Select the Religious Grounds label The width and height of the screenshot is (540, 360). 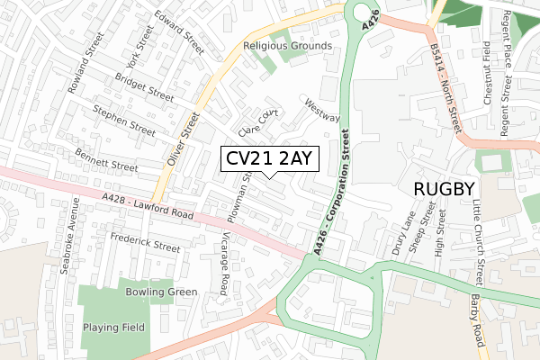[287, 46]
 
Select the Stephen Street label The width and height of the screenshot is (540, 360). [124, 121]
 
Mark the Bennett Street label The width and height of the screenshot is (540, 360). [105, 159]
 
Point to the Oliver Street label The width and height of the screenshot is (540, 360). [181, 139]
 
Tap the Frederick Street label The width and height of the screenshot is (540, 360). [145, 244]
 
